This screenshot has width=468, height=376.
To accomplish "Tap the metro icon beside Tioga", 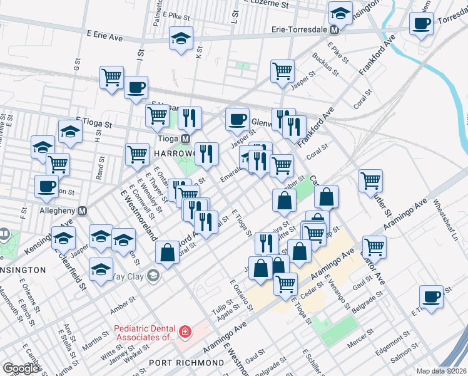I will tap(185, 138).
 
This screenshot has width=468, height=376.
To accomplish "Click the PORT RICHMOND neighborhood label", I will tap(186, 363).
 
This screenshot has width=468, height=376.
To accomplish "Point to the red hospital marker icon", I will tap(185, 331).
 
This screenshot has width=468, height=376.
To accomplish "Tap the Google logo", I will tap(21, 368).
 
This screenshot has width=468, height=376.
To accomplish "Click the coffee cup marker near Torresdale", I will tap(422, 25).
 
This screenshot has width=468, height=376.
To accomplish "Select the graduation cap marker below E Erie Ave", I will tap(180, 39).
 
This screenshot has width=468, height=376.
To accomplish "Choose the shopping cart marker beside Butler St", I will tap(371, 181).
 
